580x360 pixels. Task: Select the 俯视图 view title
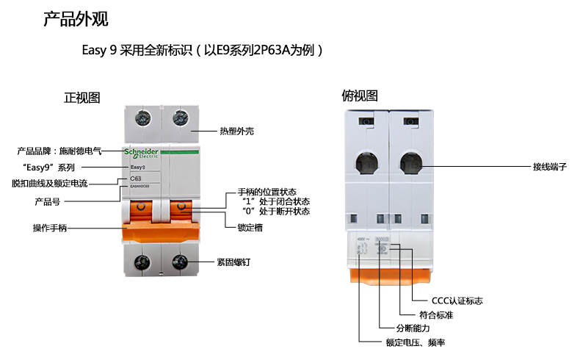pos(360,96)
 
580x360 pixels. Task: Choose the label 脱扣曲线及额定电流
pos(50,183)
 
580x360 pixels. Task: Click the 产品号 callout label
pos(51,201)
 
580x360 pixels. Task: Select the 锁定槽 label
pos(250,228)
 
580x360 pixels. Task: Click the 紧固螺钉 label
pos(233,261)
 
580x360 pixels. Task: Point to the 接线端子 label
pos(550,167)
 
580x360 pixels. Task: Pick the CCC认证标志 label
pos(457,300)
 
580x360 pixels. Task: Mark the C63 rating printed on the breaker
pos(136,179)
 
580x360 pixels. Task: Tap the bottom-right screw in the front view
pos(178,262)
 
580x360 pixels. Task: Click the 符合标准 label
pos(436,314)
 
